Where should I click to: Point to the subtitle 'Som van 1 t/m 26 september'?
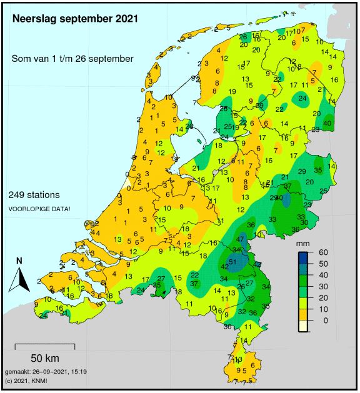point(72,58)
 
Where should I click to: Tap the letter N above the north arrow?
point(19,261)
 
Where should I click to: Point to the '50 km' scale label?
point(44,358)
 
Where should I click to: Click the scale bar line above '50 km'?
point(44,345)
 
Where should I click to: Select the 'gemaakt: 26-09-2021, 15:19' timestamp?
point(45,371)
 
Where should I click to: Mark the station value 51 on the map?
point(232,261)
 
